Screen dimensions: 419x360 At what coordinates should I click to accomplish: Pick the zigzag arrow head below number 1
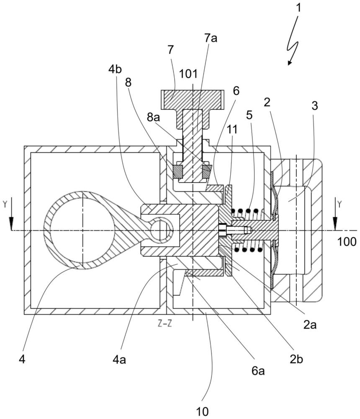point(289,63)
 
